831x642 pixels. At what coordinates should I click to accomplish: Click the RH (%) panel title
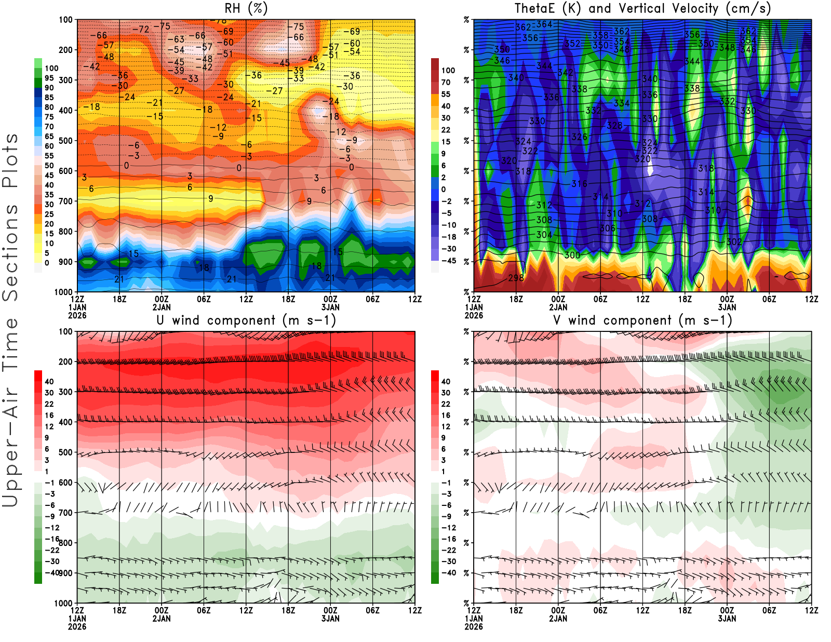point(246,9)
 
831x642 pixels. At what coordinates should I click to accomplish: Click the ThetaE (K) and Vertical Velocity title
point(642,9)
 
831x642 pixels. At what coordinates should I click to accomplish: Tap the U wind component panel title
point(246,320)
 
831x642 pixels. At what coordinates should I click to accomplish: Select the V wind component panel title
point(642,320)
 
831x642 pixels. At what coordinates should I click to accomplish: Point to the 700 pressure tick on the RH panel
point(66,201)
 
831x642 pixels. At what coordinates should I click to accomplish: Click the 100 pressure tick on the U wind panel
point(66,331)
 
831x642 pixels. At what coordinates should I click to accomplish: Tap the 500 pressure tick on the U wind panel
point(66,452)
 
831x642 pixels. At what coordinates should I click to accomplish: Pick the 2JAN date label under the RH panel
point(162,307)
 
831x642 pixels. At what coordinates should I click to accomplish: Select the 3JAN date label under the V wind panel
point(727,619)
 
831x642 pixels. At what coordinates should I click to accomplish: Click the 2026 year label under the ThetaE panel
point(474,315)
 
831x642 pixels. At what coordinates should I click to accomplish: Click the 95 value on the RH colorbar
point(49,78)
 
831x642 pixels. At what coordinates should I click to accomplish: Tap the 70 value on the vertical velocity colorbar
point(446,82)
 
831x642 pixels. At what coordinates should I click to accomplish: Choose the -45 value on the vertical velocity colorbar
point(448,261)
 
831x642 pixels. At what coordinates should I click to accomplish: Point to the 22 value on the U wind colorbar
point(49,404)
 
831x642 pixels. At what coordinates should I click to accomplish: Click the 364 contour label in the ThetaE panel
point(544,24)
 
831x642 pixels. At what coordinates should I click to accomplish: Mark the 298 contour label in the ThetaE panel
point(516,278)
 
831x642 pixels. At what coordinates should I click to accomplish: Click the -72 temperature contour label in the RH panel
point(141,30)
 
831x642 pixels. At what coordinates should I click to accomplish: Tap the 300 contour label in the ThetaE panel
point(572,255)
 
